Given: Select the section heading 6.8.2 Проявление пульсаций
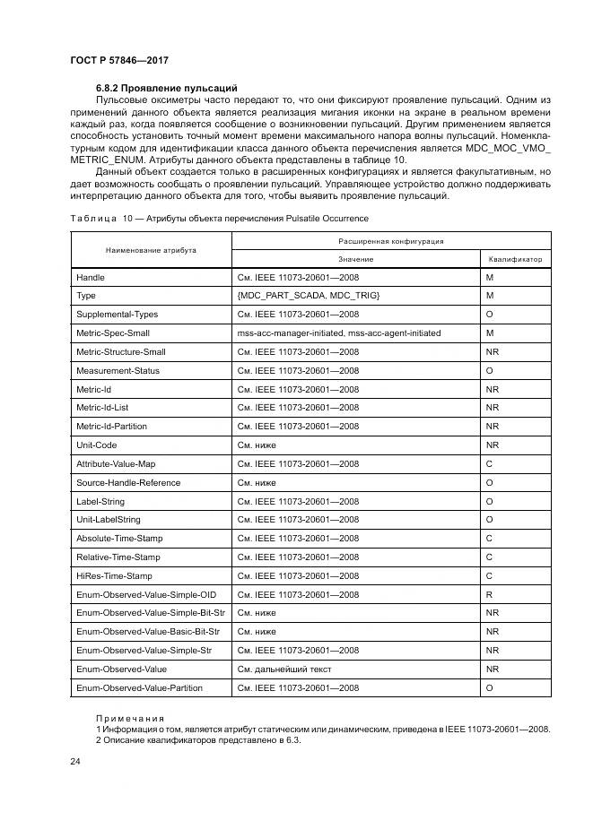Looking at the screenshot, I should click(x=166, y=88).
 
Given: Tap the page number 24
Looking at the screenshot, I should click(x=75, y=761).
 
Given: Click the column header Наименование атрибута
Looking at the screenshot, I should click(x=151, y=250).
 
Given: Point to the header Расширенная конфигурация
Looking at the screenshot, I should click(x=391, y=241).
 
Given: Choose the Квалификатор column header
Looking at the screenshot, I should click(x=515, y=259).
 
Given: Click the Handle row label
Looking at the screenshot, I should click(x=91, y=277).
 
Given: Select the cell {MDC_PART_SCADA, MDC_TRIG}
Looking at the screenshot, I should click(x=309, y=296).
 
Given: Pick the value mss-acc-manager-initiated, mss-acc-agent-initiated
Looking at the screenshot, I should click(x=338, y=333).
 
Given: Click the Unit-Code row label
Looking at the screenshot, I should click(x=98, y=445).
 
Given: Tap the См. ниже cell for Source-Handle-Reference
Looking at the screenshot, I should click(x=257, y=482).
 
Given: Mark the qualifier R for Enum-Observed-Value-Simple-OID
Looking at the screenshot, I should click(x=489, y=594).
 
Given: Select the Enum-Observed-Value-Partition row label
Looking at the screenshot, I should click(x=139, y=687).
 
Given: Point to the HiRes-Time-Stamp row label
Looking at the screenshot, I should click(x=115, y=575).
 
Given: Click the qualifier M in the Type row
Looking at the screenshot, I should click(x=490, y=296).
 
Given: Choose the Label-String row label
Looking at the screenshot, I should click(x=101, y=501).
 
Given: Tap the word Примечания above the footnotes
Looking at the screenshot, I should click(x=130, y=718).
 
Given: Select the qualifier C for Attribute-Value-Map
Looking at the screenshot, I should click(x=489, y=463).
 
